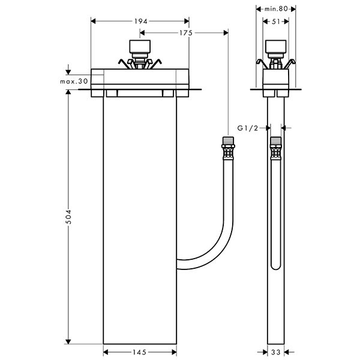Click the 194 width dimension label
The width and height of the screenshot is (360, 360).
pyautogui.click(x=140, y=22)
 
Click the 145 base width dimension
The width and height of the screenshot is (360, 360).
pyautogui.click(x=140, y=352)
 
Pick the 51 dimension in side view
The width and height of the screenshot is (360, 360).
pyautogui.click(x=277, y=22)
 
